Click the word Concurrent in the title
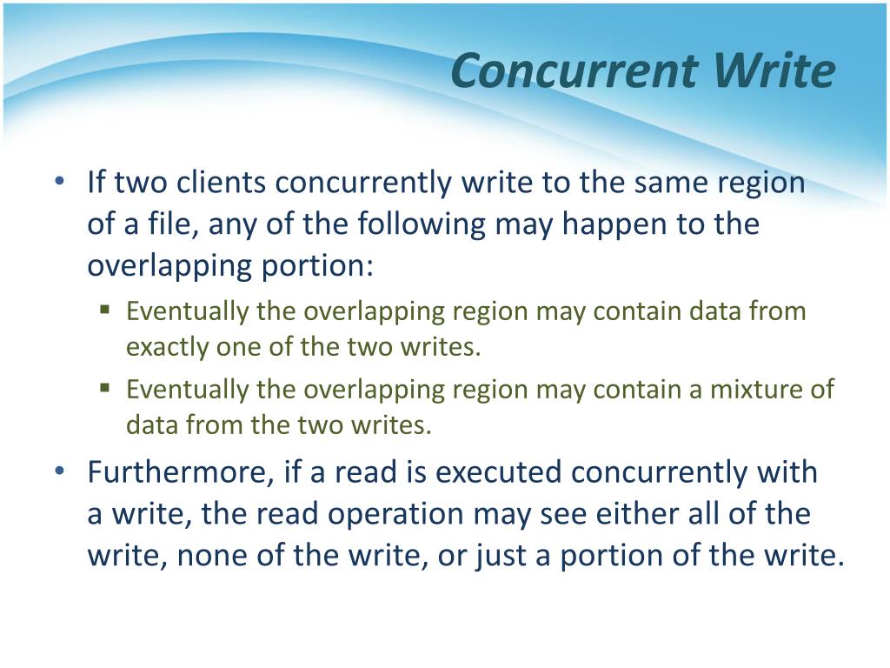pyautogui.click(x=575, y=70)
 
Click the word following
pyautogui.click(x=422, y=224)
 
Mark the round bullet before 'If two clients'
pyautogui.click(x=60, y=182)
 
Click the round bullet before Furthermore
pyautogui.click(x=60, y=471)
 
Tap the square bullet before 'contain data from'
pyautogui.click(x=104, y=311)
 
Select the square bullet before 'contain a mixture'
pyautogui.click(x=104, y=389)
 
